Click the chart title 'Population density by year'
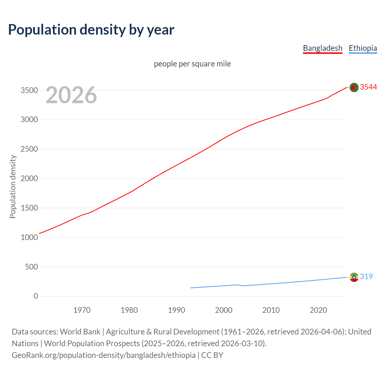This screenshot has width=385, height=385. (x=91, y=30)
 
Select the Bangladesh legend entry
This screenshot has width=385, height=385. (x=322, y=48)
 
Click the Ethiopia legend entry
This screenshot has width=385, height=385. (x=363, y=48)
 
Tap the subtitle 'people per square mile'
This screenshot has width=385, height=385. (x=192, y=64)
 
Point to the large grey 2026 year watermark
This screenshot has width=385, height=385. (x=71, y=95)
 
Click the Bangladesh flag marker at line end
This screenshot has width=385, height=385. (x=354, y=88)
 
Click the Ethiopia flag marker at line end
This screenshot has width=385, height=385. (x=354, y=277)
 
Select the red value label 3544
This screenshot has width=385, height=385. (x=368, y=87)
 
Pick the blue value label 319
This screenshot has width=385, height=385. (x=366, y=276)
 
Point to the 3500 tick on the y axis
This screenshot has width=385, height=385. (x=29, y=91)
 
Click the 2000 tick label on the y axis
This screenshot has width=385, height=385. (x=29, y=179)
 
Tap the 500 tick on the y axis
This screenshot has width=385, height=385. (x=31, y=267)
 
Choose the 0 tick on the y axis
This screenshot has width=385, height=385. (x=36, y=296)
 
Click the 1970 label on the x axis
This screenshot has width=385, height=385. (x=82, y=310)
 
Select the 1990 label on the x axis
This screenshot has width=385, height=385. (x=177, y=310)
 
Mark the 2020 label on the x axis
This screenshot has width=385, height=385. (x=318, y=310)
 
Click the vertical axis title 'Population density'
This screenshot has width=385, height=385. (x=13, y=186)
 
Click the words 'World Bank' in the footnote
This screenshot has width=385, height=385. (x=80, y=332)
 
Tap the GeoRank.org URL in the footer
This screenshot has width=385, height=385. (x=103, y=355)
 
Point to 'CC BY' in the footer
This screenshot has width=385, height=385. (x=212, y=355)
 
